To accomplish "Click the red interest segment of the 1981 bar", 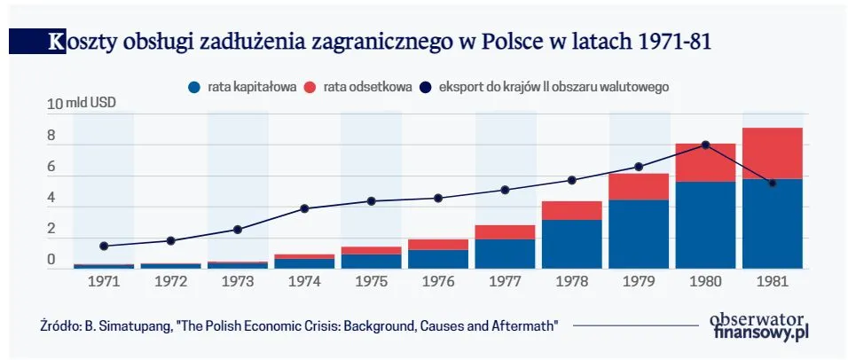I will point(772,153).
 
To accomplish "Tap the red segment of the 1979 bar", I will point(639,186).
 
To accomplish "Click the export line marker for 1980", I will point(705,145).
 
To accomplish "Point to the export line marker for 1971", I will point(104,246).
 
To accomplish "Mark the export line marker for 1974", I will point(304,208).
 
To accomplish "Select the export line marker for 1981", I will point(773,183).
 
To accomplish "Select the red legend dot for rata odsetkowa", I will point(310,87).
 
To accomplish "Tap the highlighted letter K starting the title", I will point(57,41).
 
